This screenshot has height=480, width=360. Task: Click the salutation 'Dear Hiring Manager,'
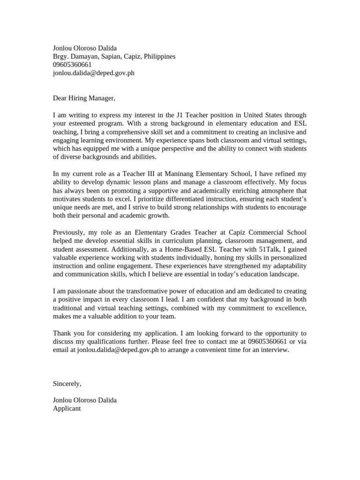83,98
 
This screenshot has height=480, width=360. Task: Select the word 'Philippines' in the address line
159,56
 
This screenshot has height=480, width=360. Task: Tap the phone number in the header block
72,65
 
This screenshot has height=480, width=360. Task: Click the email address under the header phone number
93,73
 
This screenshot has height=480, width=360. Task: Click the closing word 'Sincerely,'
67,383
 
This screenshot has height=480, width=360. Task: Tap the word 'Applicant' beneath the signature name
67,408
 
